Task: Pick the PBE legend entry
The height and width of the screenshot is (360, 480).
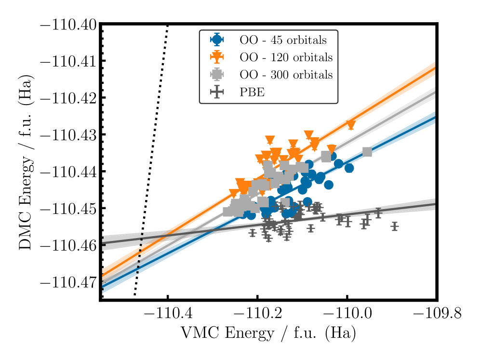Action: [x=253, y=93]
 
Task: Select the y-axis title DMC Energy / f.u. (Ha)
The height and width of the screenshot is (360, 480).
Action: [x=27, y=162]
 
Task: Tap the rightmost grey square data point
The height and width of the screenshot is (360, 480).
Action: [x=367, y=152]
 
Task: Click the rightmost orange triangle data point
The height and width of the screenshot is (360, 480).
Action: [x=351, y=125]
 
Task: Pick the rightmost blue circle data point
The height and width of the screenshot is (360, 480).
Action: [x=349, y=168]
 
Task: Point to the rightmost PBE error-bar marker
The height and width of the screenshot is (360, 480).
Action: [x=395, y=226]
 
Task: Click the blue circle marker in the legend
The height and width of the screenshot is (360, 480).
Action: [x=218, y=40]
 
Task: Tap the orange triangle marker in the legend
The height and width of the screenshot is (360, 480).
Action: [x=218, y=57]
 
